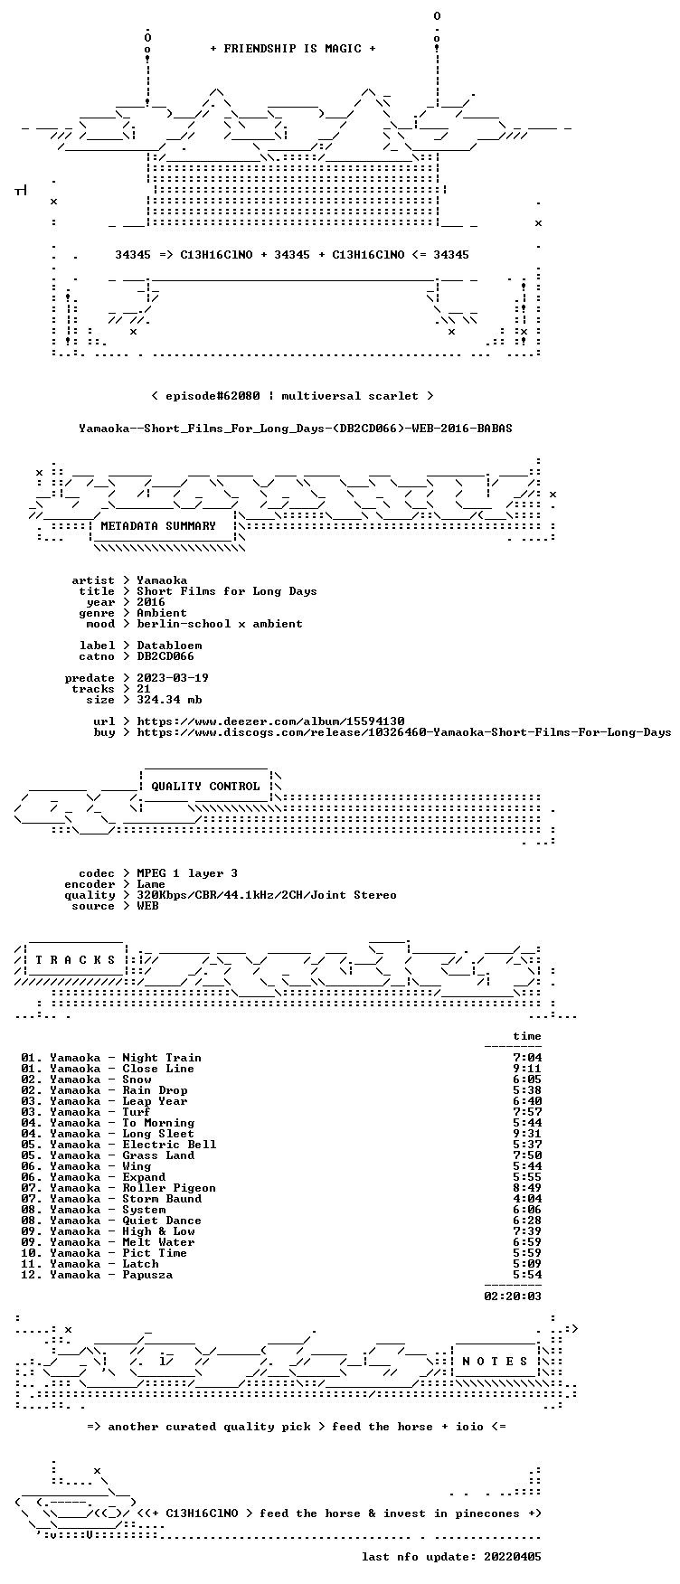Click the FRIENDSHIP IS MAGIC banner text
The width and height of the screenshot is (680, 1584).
(x=292, y=49)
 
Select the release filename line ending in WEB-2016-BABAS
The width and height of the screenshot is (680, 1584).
(x=296, y=429)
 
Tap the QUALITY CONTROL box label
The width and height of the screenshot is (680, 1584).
(x=205, y=787)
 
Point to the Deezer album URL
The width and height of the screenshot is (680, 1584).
(x=270, y=721)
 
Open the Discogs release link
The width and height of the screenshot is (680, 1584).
(x=404, y=732)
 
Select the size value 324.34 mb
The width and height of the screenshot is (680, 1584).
(x=169, y=700)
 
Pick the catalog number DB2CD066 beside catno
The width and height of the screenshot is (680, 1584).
(x=165, y=656)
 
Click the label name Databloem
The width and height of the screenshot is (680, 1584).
(x=169, y=646)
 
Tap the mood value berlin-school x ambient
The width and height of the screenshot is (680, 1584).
(x=220, y=624)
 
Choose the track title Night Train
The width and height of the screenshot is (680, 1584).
(x=162, y=1058)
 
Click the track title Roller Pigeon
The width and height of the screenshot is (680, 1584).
(x=169, y=1188)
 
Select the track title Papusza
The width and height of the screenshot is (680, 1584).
(x=147, y=1275)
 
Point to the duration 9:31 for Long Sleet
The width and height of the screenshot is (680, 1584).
(x=527, y=1134)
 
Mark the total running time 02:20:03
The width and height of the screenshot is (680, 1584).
(x=513, y=1296)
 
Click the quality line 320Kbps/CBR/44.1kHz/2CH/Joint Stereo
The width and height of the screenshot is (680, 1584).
(x=267, y=895)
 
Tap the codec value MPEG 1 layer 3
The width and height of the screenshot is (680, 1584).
(x=187, y=873)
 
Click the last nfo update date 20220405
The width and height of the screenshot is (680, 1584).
(x=513, y=1557)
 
